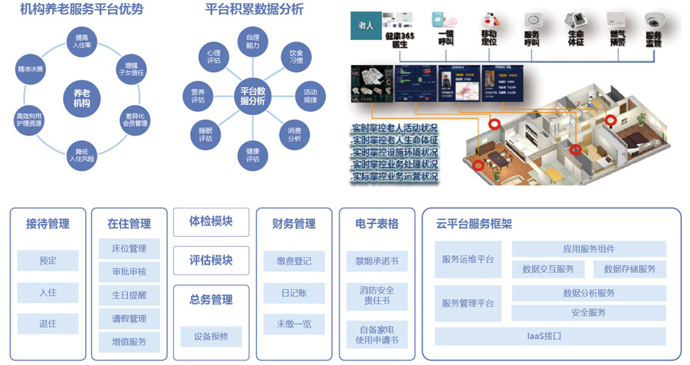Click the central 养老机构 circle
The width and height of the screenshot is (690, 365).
pyautogui.click(x=77, y=97)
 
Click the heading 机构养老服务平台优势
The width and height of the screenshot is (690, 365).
pyautogui.click(x=82, y=10)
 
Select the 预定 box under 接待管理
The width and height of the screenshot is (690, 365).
pyautogui.click(x=48, y=261)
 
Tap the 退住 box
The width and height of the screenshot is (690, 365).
pyautogui.click(x=48, y=324)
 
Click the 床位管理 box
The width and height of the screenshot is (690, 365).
pyautogui.click(x=129, y=249)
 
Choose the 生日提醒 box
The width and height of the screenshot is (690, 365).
pyautogui.click(x=129, y=295)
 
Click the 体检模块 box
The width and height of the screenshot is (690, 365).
pyautogui.click(x=211, y=222)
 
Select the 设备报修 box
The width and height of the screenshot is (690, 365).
pyautogui.click(x=211, y=336)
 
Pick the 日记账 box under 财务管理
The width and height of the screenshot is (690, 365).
pyautogui.click(x=294, y=293)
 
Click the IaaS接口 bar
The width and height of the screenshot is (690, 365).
pyautogui.click(x=550, y=336)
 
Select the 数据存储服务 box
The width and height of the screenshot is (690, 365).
pyautogui.click(x=629, y=269)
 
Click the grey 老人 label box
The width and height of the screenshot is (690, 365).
pyautogui.click(x=366, y=26)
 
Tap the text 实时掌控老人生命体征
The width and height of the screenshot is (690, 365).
pyautogui.click(x=394, y=140)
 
